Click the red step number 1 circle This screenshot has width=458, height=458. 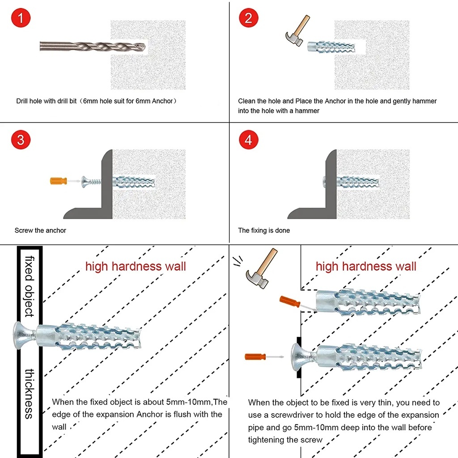point(21,19)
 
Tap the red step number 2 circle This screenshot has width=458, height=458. point(249,19)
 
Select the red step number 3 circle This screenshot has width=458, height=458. point(21,140)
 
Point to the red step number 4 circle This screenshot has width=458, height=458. point(249,140)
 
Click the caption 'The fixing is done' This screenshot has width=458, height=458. point(264,230)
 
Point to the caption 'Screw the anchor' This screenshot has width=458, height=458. point(40,230)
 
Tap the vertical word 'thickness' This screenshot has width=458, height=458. point(30,394)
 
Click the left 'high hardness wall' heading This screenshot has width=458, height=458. point(136,267)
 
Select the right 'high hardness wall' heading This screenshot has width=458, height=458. point(366,267)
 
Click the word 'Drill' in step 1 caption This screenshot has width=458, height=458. point(24,101)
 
